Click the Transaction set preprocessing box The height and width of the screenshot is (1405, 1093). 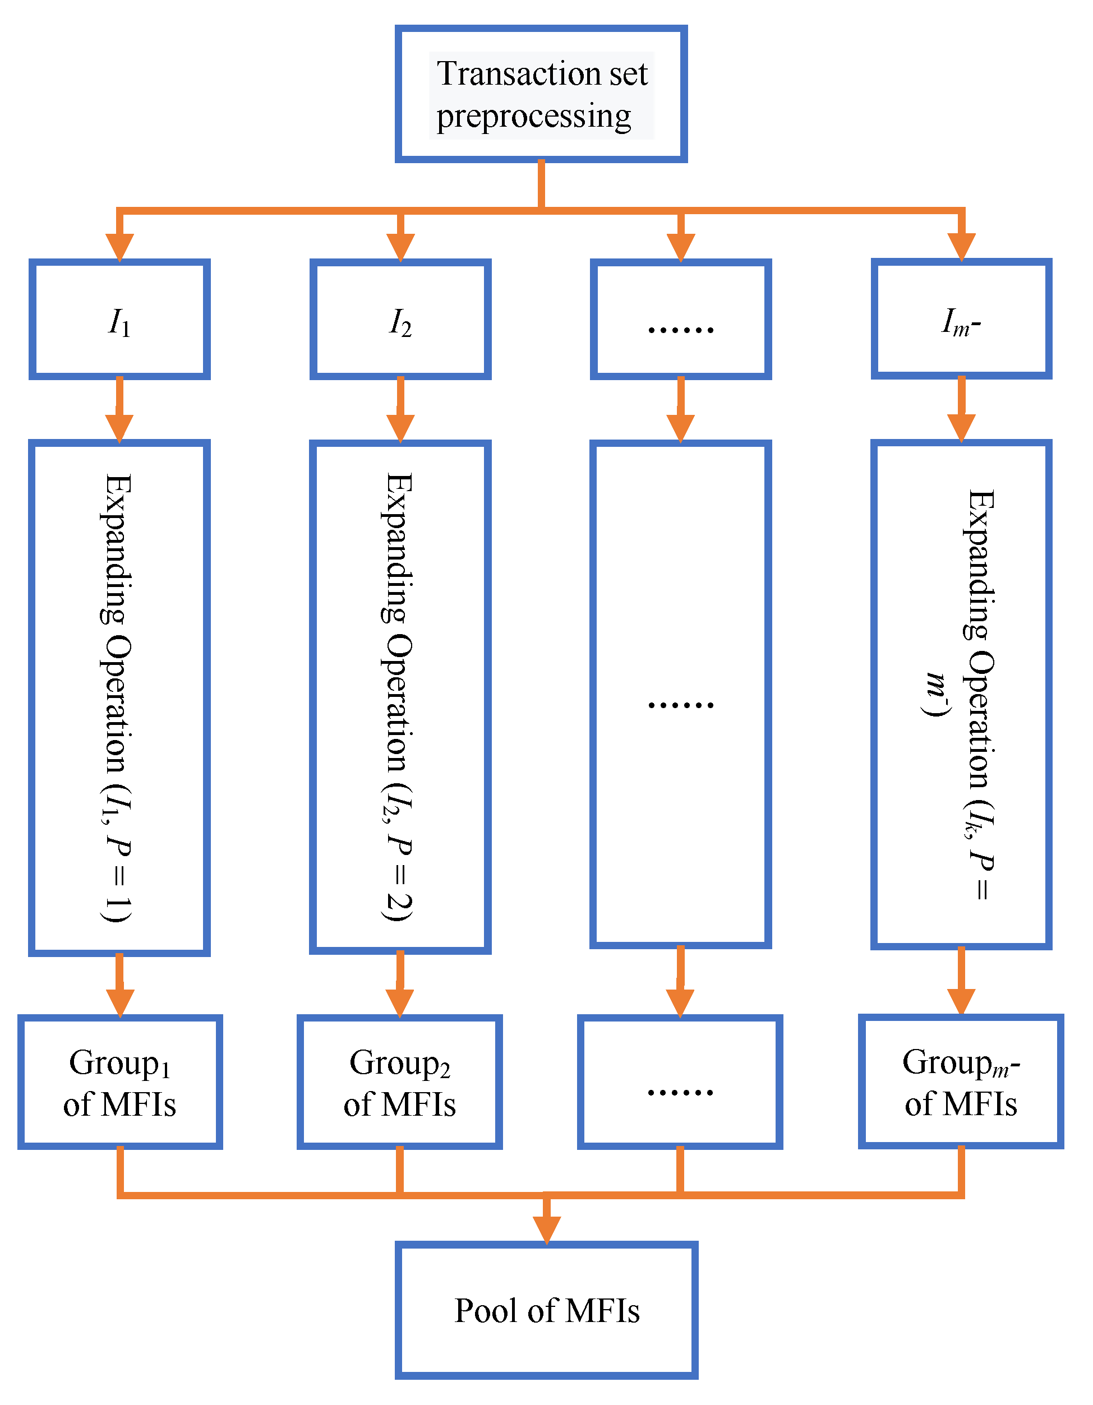pyautogui.click(x=541, y=94)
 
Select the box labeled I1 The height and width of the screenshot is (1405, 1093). pyautogui.click(x=119, y=320)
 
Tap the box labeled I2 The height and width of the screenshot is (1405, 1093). pyautogui.click(x=400, y=320)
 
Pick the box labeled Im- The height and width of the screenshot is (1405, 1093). pyautogui.click(x=961, y=320)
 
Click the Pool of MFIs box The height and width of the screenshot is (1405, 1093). pyautogui.click(x=546, y=1310)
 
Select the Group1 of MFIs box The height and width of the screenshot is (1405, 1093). pyautogui.click(x=119, y=1082)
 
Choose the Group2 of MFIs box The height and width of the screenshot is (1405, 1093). pyautogui.click(x=399, y=1082)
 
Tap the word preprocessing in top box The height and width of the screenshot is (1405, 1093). pyautogui.click(x=534, y=117)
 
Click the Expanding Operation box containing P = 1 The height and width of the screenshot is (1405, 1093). pyautogui.click(x=119, y=697)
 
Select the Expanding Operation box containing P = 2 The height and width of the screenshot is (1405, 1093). pyautogui.click(x=400, y=697)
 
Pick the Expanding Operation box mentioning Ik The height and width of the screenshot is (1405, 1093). pyautogui.click(x=961, y=695)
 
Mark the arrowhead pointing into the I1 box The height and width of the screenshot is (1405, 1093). pyautogui.click(x=119, y=247)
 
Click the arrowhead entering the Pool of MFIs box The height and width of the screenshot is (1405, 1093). pyautogui.click(x=546, y=1230)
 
